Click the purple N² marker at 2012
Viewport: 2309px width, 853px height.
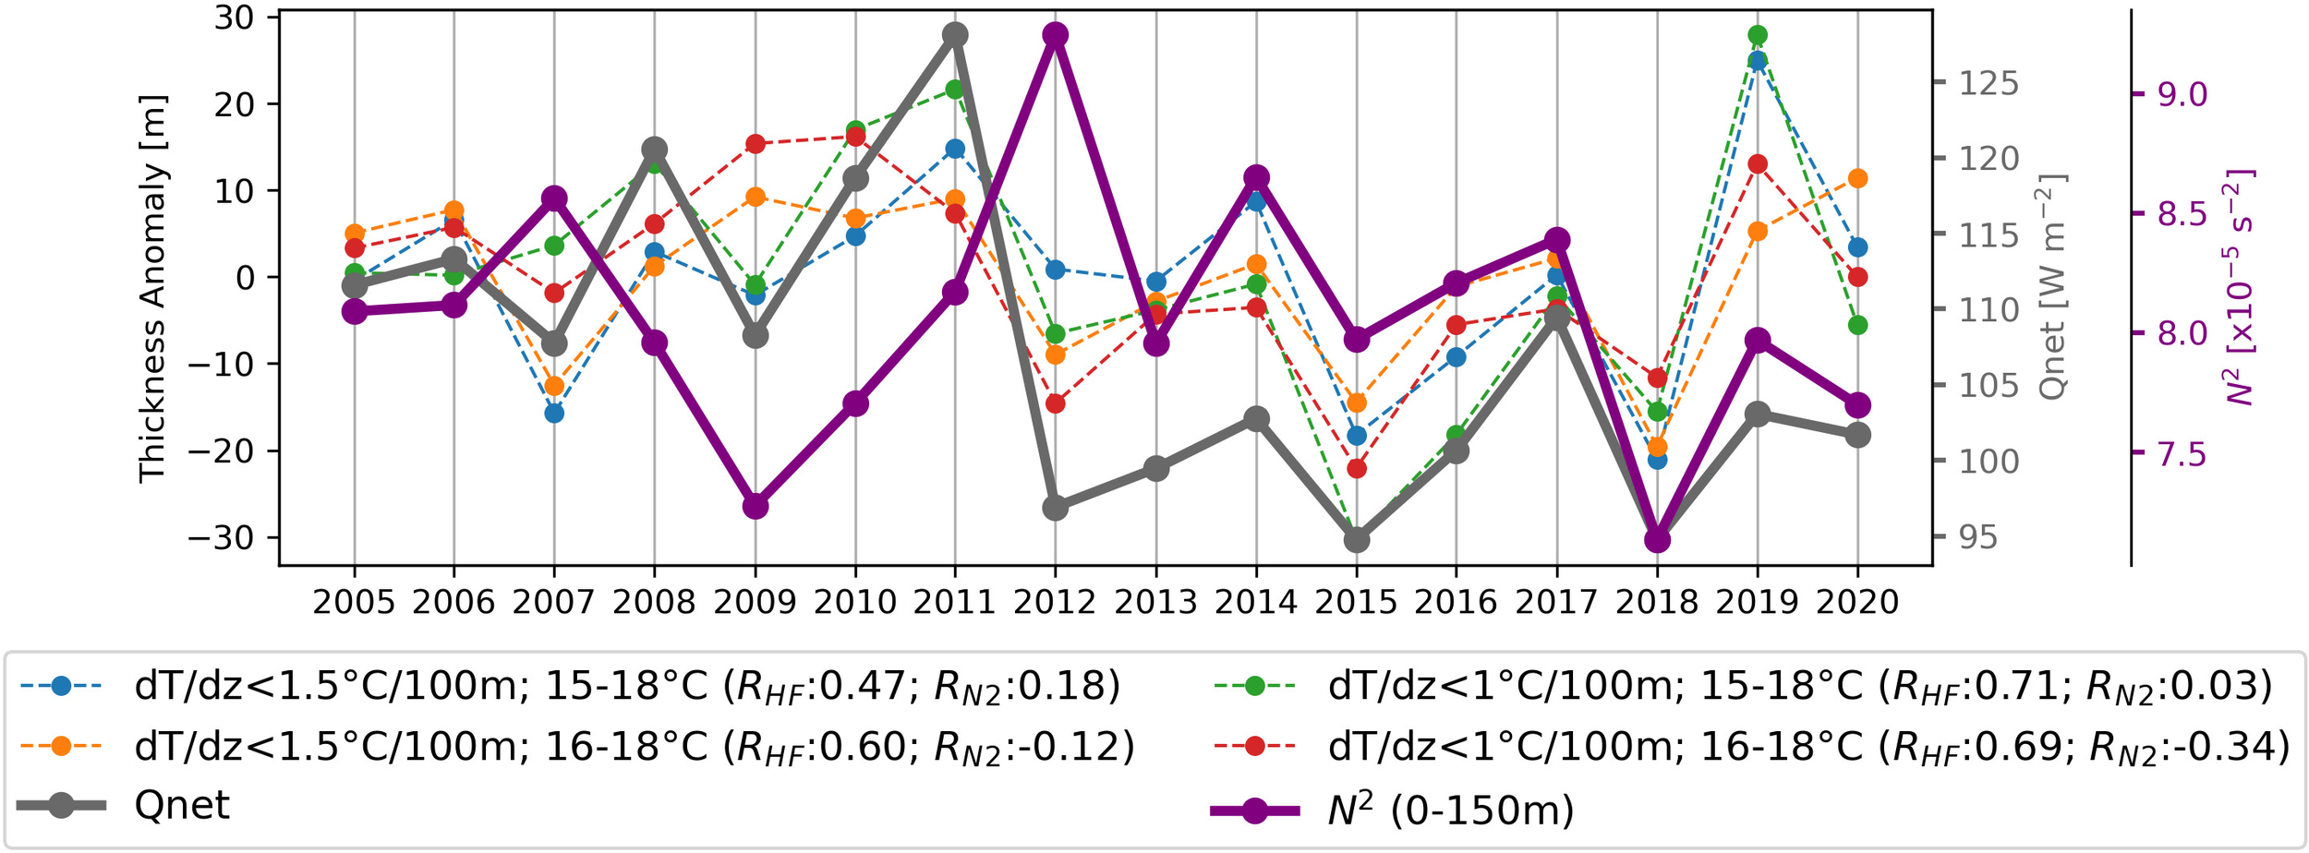[1055, 35]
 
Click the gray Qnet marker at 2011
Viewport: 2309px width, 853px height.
[955, 35]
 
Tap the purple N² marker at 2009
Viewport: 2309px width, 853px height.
[756, 506]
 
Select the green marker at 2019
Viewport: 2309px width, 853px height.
[1758, 35]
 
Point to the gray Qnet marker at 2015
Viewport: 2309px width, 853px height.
[1357, 540]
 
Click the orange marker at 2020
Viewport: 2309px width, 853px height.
[1858, 178]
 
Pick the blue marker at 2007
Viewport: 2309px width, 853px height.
[554, 413]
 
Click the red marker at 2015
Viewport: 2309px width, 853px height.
[1357, 469]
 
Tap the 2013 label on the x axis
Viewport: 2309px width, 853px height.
[1155, 603]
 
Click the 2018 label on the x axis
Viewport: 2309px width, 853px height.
[1657, 603]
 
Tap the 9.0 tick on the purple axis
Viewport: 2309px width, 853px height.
[2182, 94]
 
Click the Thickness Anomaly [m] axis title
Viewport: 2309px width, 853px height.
[152, 288]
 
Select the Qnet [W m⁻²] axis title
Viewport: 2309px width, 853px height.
[2052, 287]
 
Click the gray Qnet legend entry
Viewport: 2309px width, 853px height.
[181, 806]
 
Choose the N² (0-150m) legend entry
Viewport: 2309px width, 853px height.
[1450, 811]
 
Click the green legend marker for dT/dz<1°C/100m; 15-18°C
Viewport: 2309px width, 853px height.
[1255, 686]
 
